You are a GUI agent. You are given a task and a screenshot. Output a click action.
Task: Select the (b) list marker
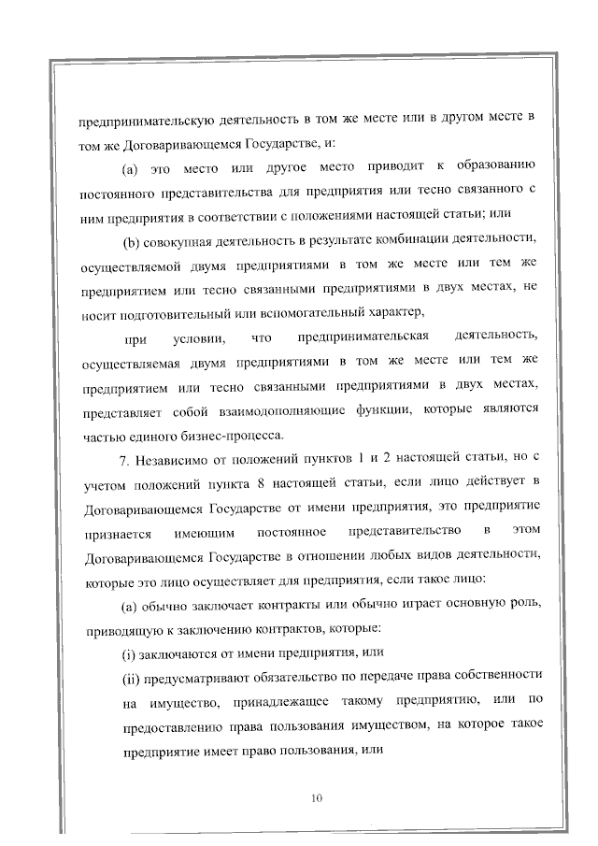coord(131,239)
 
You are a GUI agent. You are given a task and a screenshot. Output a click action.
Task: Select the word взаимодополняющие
coord(276,409)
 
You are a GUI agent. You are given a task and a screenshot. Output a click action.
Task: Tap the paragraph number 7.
coord(122,458)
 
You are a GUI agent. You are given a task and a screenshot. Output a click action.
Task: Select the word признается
coord(117,531)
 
